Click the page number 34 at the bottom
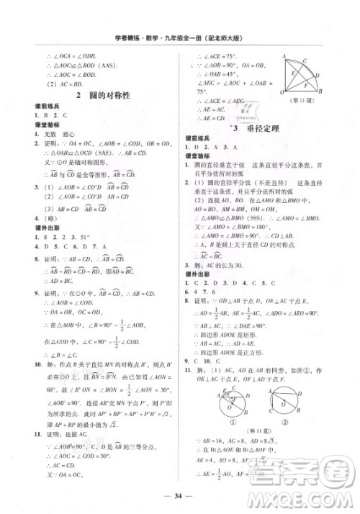coord(180,496)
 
